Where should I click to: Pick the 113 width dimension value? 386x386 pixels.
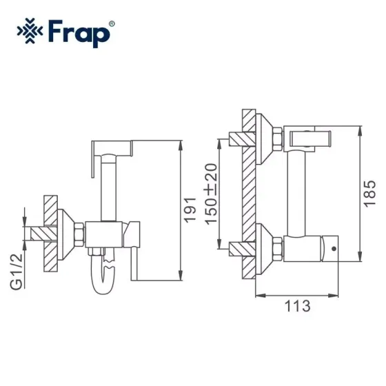tap(296, 304)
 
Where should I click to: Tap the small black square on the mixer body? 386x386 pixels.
tap(334, 245)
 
